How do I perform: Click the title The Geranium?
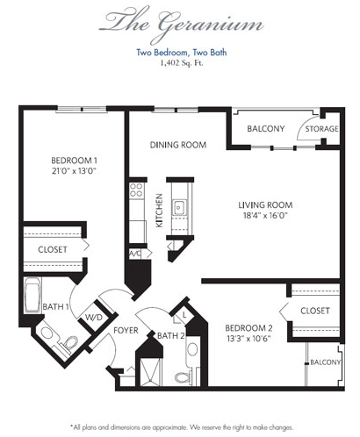pos(182,24)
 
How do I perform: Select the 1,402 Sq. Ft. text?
pos(182,63)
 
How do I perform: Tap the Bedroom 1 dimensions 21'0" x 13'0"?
pos(74,170)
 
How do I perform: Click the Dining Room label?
pos(178,145)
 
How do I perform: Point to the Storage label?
pos(321,129)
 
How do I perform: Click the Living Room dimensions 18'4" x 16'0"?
pos(265,216)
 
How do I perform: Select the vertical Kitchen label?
pos(159,211)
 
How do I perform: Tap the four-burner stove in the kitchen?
pos(136,190)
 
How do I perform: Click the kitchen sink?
pos(179,207)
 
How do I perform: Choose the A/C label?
pos(135,254)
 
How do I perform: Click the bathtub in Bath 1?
pos(32,295)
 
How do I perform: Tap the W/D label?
pos(94,318)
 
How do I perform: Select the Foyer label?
pos(126,330)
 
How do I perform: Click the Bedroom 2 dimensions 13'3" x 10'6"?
pos(248,339)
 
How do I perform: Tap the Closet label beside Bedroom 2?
pos(315,311)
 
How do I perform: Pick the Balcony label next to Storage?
pos(266,129)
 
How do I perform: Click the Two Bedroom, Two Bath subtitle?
pos(182,53)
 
